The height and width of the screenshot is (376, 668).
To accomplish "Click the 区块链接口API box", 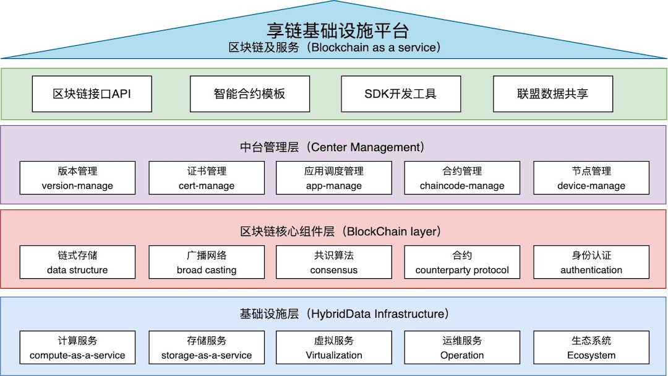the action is [x=92, y=94].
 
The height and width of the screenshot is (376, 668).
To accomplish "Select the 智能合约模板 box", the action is [x=250, y=94].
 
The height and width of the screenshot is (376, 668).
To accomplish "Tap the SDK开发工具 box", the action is [x=401, y=94].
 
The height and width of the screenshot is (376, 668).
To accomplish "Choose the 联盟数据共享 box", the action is [x=553, y=94].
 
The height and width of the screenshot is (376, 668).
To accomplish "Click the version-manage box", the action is [x=77, y=178].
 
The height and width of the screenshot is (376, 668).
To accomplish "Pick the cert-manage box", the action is [x=207, y=178].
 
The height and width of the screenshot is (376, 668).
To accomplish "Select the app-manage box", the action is [x=334, y=178].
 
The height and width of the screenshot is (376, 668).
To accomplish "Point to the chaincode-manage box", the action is [x=462, y=178].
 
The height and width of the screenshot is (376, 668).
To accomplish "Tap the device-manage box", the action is [x=591, y=178].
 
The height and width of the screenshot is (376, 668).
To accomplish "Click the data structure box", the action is [x=77, y=262].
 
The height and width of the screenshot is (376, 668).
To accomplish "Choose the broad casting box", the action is [x=207, y=262].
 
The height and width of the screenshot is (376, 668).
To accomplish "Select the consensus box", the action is [x=334, y=262].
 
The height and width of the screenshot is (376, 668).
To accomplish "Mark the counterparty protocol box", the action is [x=462, y=262].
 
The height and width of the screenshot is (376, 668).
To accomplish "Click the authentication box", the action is [x=591, y=262].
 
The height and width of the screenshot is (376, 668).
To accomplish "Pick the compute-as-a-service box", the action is [x=77, y=348].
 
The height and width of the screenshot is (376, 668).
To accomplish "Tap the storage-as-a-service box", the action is [x=207, y=348].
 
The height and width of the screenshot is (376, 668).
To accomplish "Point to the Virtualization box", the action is [x=334, y=348].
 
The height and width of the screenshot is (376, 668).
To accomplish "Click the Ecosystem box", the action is [x=591, y=348].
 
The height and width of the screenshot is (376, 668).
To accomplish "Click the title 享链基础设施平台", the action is [x=338, y=30].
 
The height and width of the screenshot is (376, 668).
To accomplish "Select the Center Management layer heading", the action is [x=333, y=147].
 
